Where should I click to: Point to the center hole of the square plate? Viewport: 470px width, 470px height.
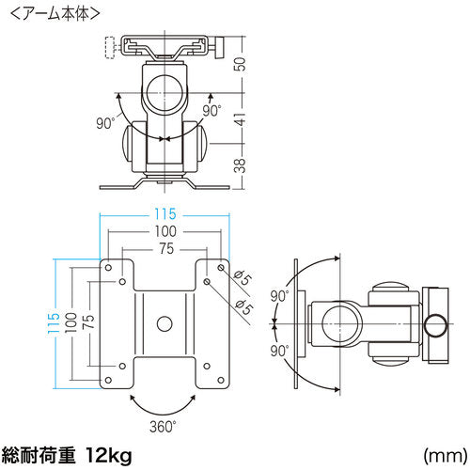[x=164, y=322]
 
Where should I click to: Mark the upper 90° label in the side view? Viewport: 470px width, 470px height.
[x=278, y=296]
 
